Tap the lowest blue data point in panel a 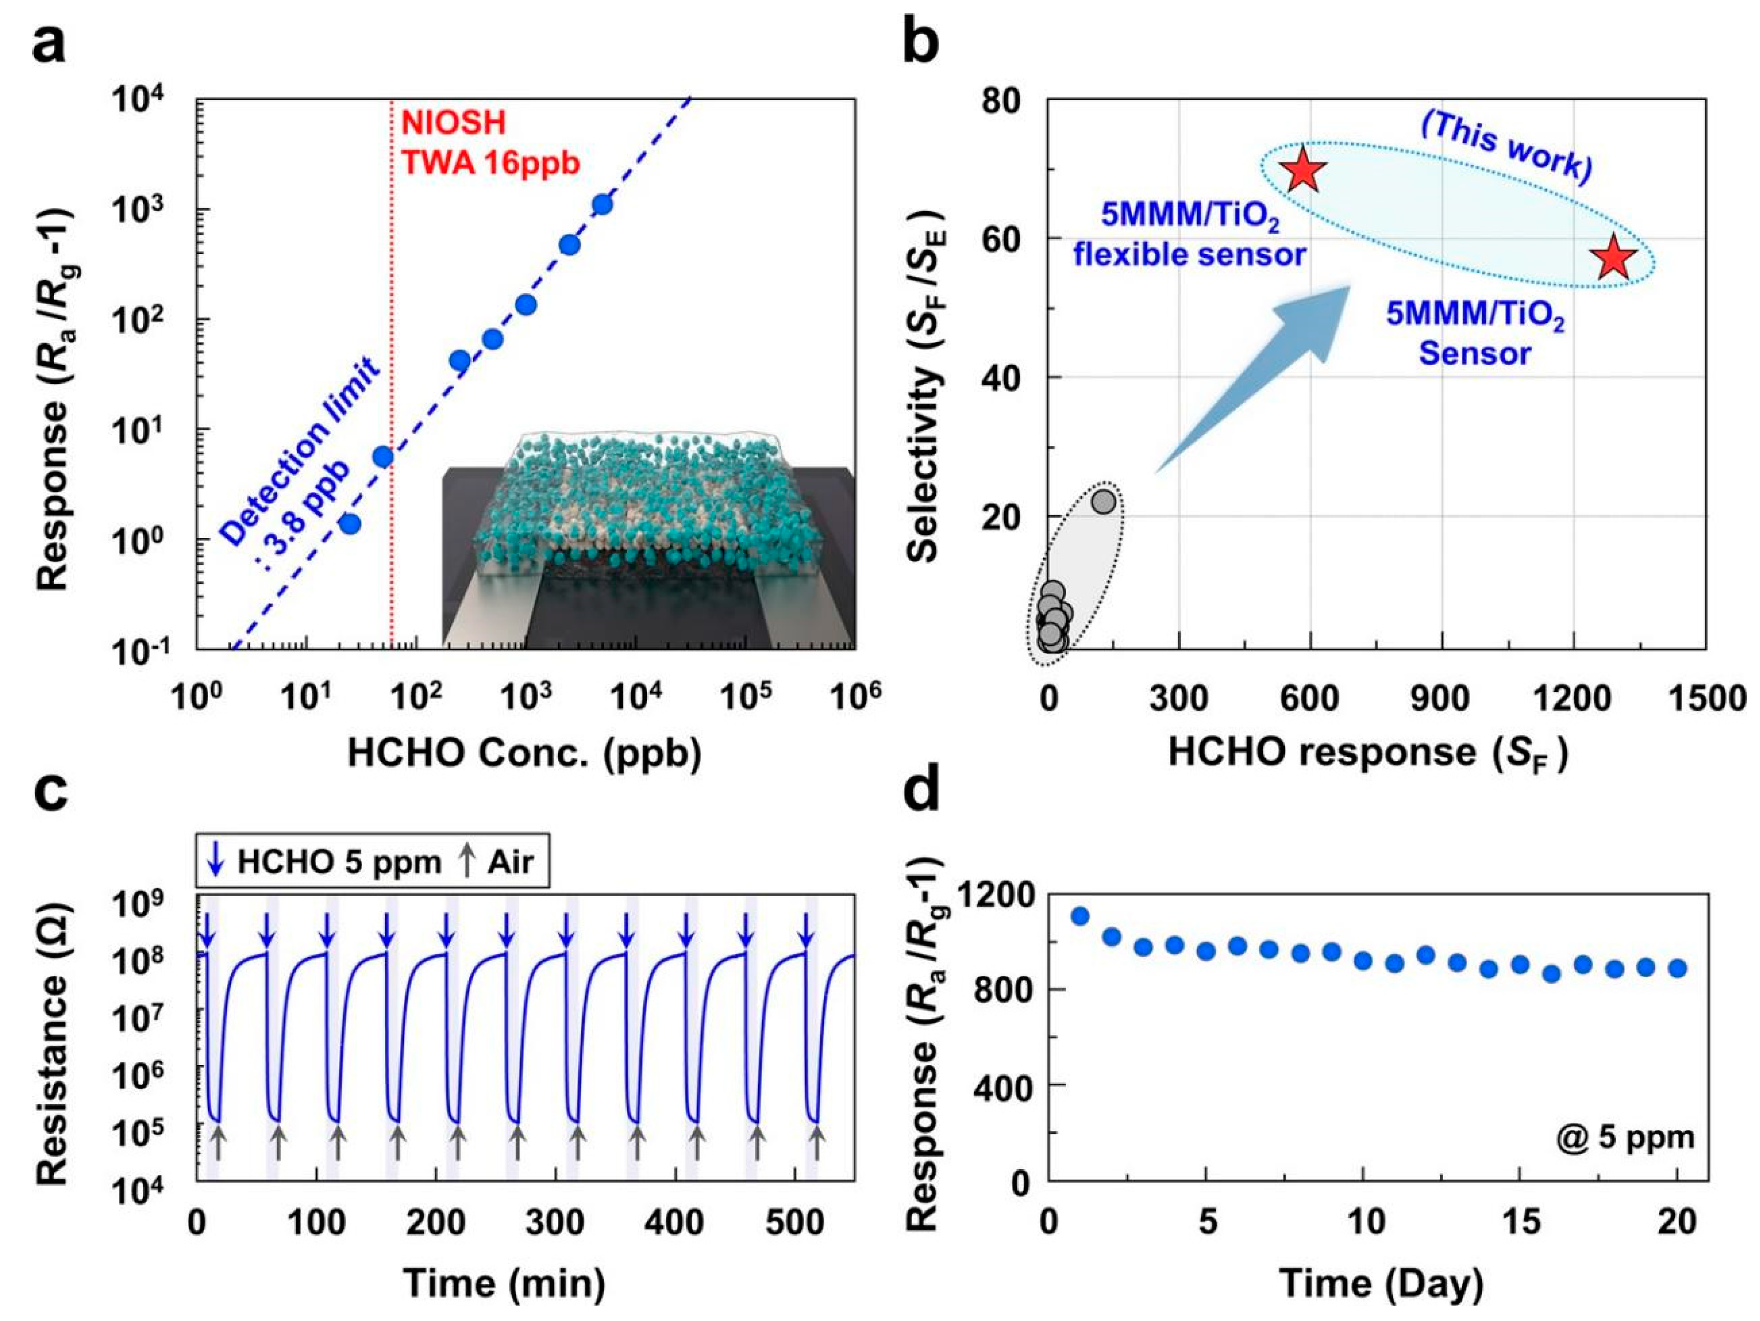(x=350, y=524)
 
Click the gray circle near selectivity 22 (x=1103, y=501)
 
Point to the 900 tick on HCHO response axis (x=1440, y=697)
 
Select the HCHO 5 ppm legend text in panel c (x=338, y=861)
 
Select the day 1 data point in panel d (x=1080, y=915)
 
